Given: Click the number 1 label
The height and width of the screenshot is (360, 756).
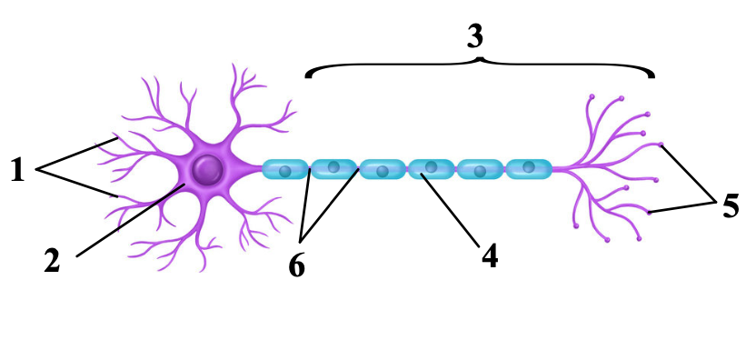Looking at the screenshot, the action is click(x=17, y=170).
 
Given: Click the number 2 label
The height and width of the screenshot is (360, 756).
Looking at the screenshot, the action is click(x=52, y=261).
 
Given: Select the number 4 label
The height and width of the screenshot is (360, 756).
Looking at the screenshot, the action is click(x=490, y=256).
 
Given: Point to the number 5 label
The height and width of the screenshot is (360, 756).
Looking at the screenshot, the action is click(x=731, y=206).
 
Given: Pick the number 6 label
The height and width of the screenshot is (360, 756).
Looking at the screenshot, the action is click(x=297, y=266).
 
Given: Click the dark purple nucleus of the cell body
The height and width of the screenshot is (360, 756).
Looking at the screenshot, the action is click(x=208, y=169).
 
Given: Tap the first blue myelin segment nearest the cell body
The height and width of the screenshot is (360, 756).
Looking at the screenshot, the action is click(x=285, y=169).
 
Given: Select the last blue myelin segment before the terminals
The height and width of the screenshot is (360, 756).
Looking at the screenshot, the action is click(x=529, y=169).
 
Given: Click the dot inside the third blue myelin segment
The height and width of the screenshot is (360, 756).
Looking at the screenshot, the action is click(x=383, y=171).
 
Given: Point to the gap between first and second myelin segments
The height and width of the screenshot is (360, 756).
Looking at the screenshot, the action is click(x=310, y=169).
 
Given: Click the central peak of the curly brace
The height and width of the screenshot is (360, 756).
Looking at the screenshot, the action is click(x=480, y=59).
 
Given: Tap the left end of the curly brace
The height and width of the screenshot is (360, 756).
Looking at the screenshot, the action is click(x=306, y=76).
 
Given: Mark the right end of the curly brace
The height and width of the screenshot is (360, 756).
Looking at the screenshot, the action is click(x=653, y=76).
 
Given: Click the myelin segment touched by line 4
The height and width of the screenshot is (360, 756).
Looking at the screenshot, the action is click(x=431, y=169).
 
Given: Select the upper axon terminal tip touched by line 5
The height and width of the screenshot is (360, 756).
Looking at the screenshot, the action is click(x=661, y=144).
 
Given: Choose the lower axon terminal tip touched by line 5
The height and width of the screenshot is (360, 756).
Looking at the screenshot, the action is click(x=650, y=213).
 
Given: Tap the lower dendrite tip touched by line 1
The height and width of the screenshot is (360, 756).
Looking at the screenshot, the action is click(x=116, y=196).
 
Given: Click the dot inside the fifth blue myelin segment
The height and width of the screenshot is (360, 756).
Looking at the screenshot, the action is click(x=480, y=171).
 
